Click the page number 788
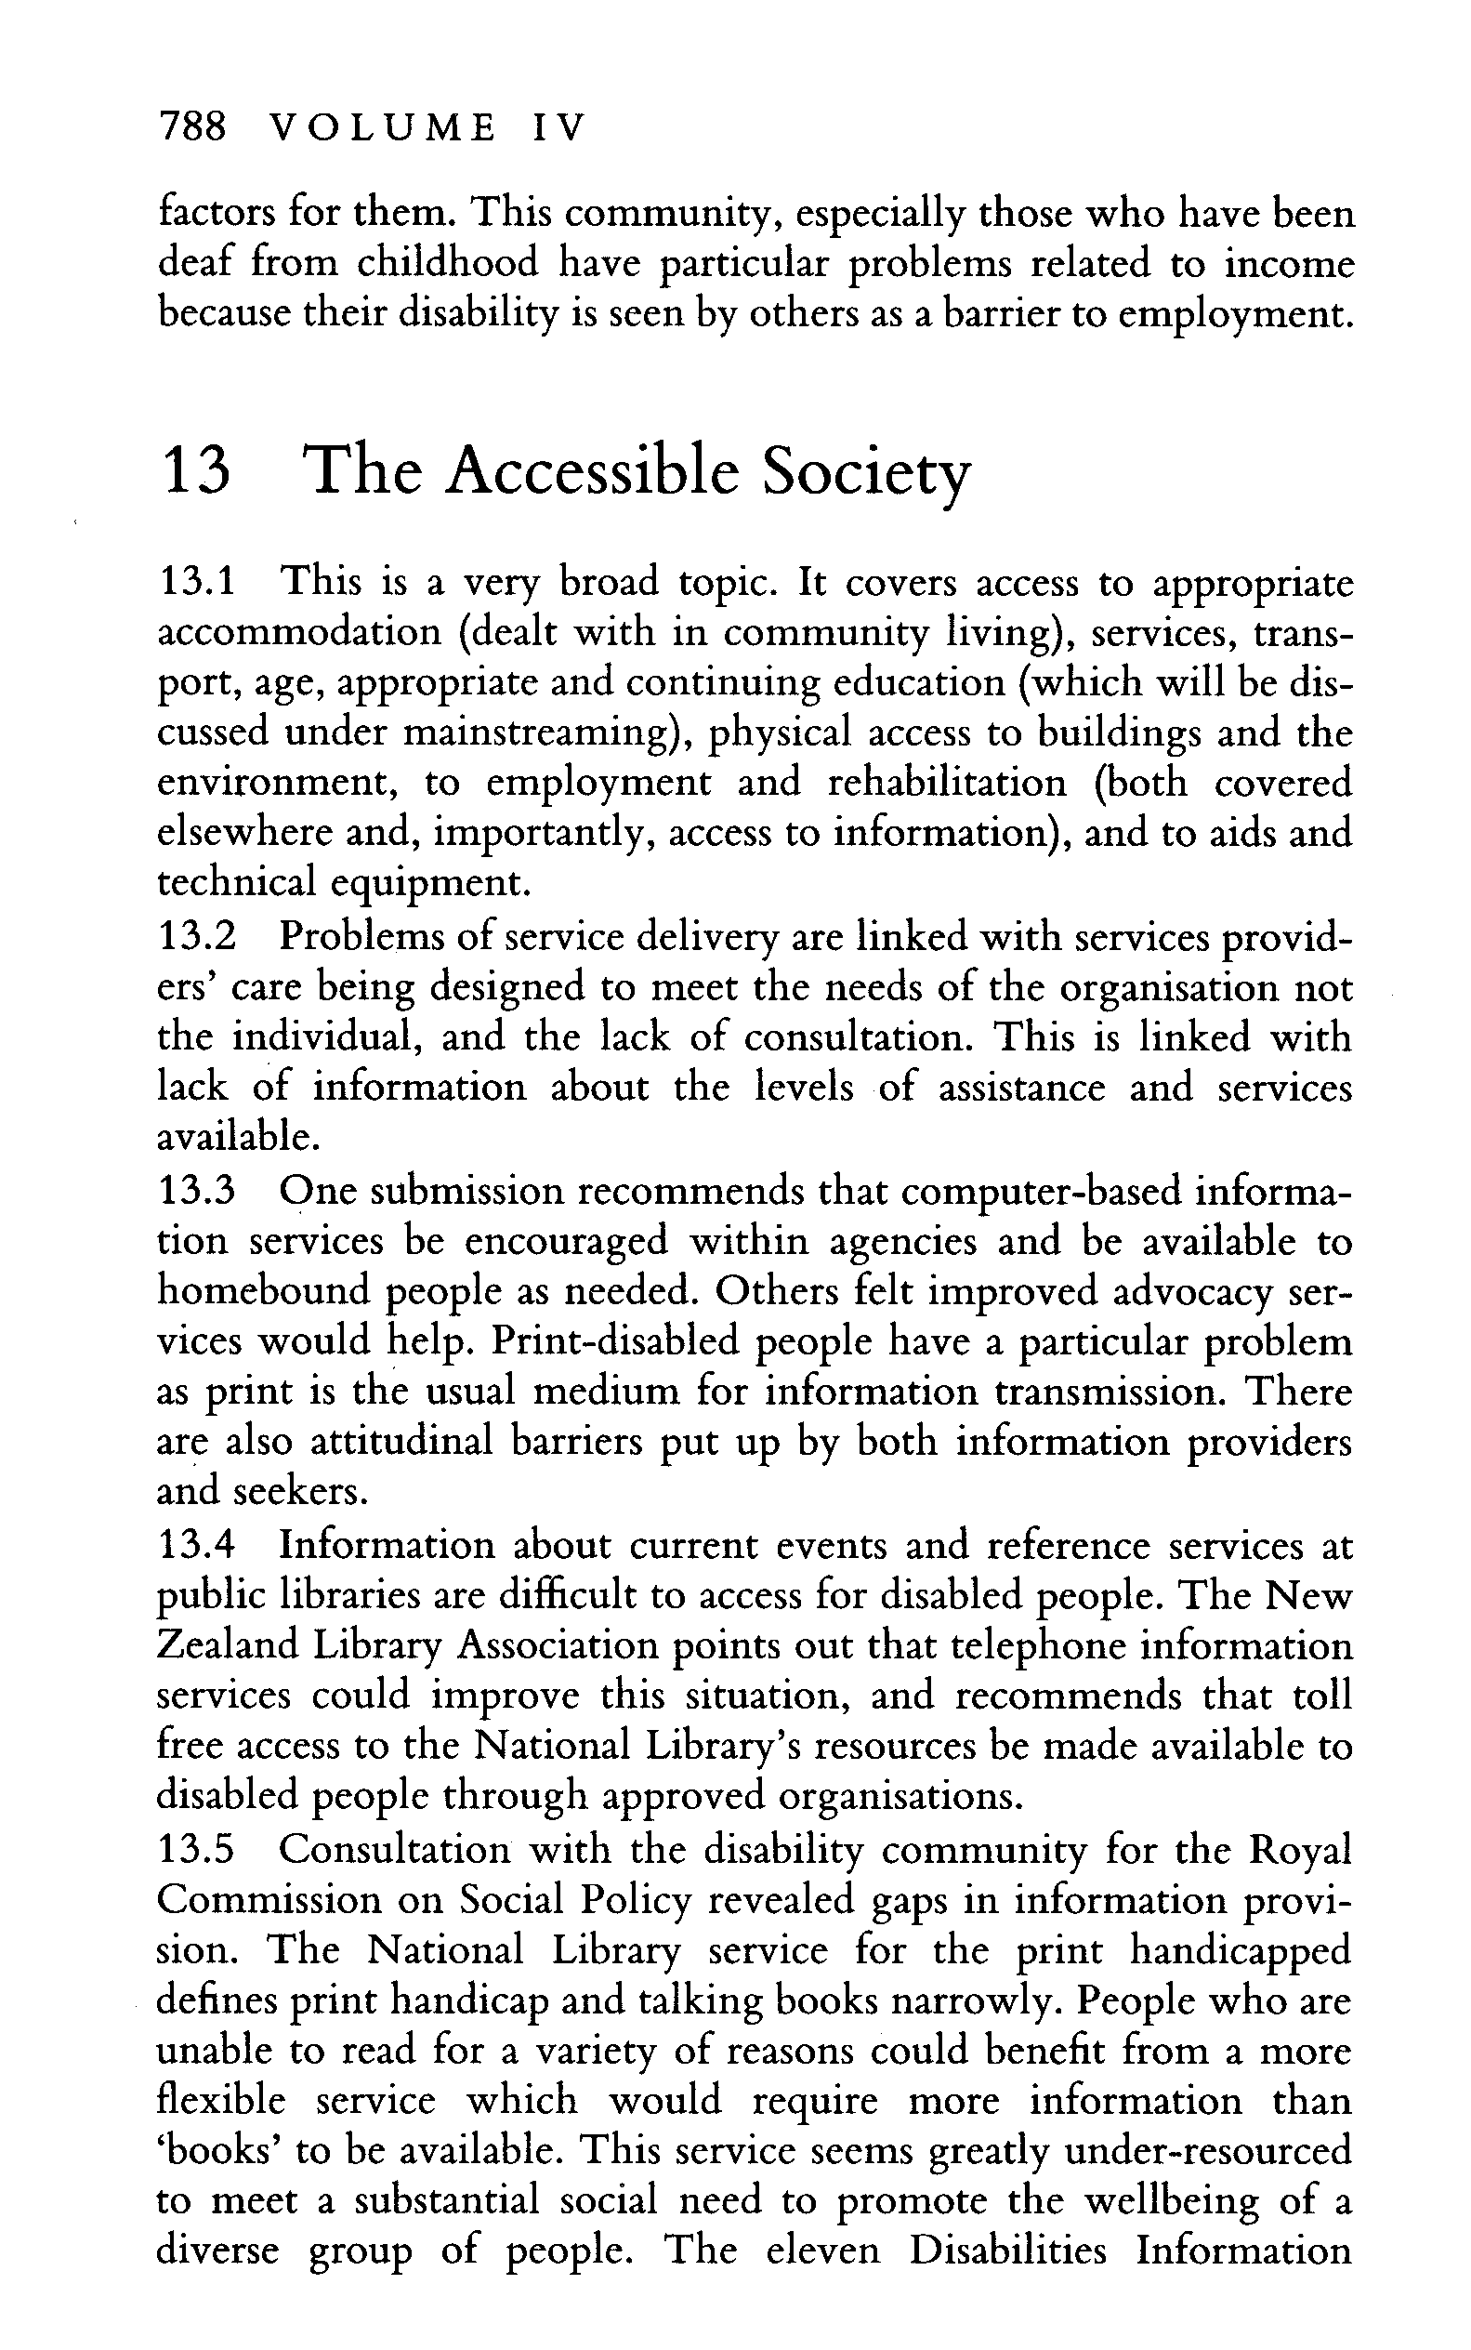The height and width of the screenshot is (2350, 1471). point(191,127)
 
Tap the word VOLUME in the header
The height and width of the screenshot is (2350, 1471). point(380,127)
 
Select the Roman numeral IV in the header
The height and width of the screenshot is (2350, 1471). point(559,127)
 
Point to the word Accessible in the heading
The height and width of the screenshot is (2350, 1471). point(596,471)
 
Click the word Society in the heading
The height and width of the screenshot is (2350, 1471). point(867,475)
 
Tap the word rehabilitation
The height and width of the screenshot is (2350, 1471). point(947,784)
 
